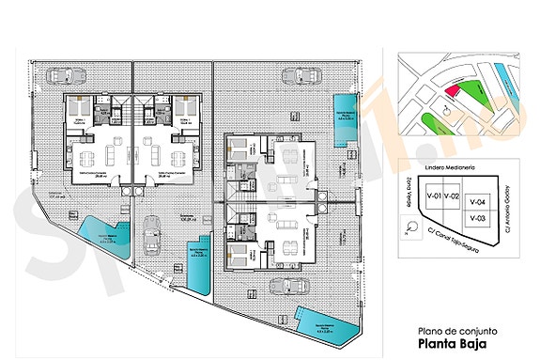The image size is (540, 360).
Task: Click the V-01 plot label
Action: [434, 196]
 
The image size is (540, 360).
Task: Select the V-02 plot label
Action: [453, 196]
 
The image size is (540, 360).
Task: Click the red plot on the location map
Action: [452, 91]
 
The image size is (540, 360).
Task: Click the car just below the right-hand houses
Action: [284, 286]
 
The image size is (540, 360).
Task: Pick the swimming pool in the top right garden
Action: [347, 118]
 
